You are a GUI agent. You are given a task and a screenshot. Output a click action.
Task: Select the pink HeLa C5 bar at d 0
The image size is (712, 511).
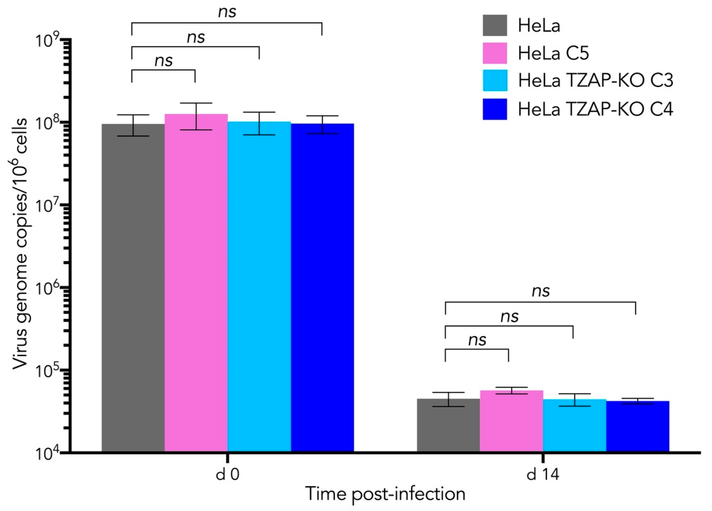(x=196, y=282)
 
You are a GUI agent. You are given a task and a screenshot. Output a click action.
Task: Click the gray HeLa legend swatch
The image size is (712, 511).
(x=495, y=25)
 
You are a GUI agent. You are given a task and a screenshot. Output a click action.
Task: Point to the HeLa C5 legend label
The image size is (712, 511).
(x=553, y=53)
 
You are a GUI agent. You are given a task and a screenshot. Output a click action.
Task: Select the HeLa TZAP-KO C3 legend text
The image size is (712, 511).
(x=595, y=81)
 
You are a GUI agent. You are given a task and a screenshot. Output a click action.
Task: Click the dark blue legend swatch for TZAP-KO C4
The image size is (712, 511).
(x=495, y=109)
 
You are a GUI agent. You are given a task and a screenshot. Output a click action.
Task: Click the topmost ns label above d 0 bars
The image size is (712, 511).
(x=227, y=12)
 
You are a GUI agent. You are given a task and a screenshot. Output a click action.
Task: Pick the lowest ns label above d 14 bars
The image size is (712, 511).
(x=477, y=340)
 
